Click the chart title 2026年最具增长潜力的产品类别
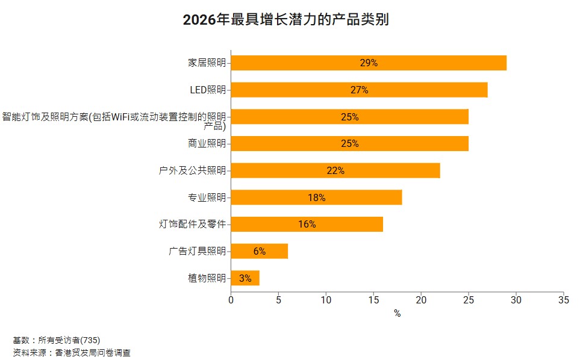click(x=285, y=20)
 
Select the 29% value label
click(x=368, y=63)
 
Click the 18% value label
click(x=316, y=197)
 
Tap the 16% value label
click(x=307, y=225)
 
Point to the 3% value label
click(x=245, y=278)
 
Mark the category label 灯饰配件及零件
click(x=192, y=225)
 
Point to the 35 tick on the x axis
click(x=563, y=299)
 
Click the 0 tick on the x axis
click(x=231, y=299)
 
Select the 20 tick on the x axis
click(x=420, y=299)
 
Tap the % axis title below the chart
click(x=397, y=314)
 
